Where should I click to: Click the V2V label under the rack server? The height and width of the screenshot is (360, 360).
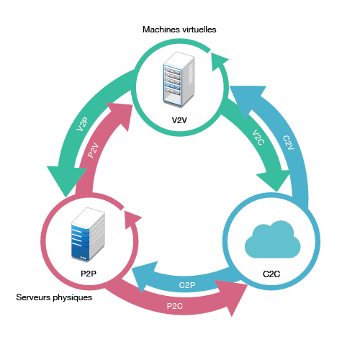click(179, 120)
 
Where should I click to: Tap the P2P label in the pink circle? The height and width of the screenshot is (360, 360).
click(89, 274)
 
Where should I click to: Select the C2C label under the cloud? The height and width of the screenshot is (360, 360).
click(271, 274)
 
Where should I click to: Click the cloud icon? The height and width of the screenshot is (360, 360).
click(273, 239)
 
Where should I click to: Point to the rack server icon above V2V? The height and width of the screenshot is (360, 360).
click(179, 79)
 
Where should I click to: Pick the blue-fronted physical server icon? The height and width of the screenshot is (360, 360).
click(88, 235)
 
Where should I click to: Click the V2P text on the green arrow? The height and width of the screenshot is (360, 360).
click(82, 124)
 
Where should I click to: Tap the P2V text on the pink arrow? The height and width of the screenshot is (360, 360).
click(93, 150)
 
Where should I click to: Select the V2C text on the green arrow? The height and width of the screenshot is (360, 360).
click(258, 138)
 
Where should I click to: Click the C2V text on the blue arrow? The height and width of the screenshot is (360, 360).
click(288, 143)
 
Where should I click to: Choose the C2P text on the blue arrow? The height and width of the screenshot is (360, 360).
click(187, 285)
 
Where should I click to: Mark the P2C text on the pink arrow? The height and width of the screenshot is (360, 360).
click(175, 306)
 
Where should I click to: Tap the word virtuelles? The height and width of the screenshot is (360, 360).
click(199, 30)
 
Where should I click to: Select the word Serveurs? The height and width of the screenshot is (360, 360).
click(33, 297)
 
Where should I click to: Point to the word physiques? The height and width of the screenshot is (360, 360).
click(73, 298)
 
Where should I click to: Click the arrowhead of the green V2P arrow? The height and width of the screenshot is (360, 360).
click(66, 179)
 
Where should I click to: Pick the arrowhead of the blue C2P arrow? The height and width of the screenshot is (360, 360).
click(145, 276)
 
